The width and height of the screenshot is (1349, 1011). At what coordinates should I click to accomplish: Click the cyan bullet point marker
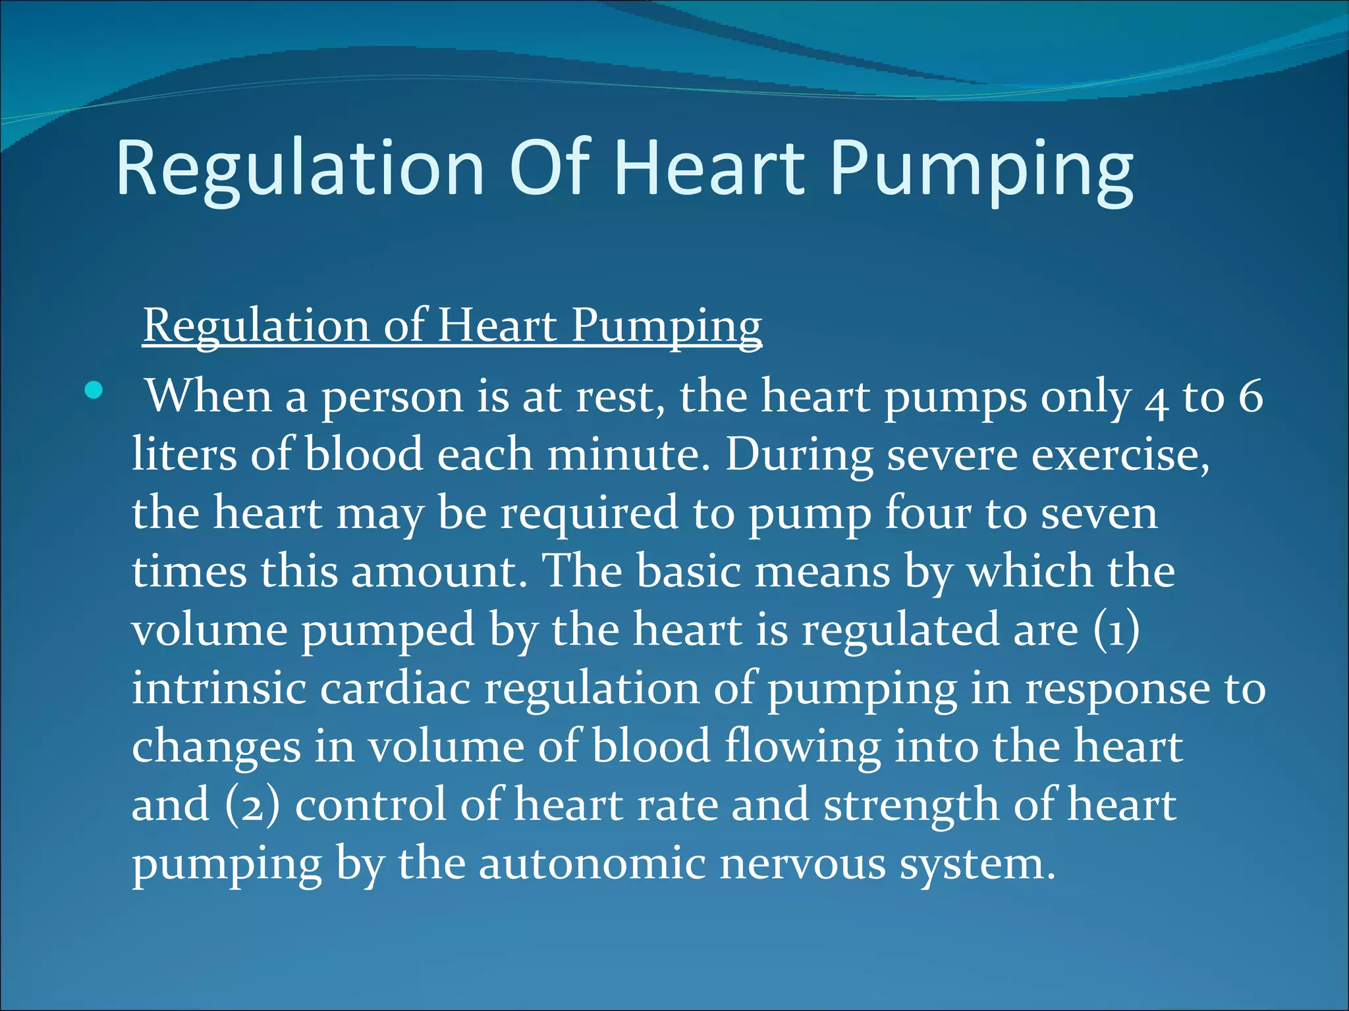click(94, 391)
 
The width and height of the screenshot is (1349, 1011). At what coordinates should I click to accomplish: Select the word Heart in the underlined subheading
click(497, 325)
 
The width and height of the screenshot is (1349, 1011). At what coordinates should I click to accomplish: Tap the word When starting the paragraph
click(208, 397)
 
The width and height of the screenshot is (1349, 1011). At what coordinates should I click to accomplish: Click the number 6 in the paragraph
click(1250, 397)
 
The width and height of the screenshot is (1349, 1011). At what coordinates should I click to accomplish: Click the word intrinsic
click(219, 688)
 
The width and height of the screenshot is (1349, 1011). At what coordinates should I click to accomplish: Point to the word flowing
click(802, 748)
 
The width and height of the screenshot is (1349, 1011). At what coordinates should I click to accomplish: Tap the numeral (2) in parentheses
click(252, 805)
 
